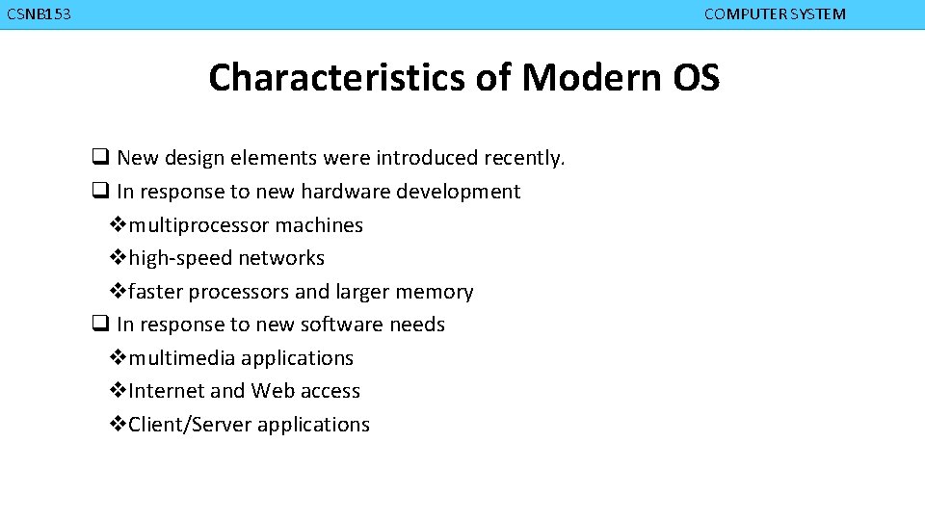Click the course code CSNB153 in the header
(39, 14)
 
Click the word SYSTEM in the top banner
(816, 14)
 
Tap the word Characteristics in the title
(337, 77)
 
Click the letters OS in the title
(696, 77)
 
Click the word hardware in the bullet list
(340, 192)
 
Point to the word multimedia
(182, 358)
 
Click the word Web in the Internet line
(273, 391)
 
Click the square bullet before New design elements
(99, 157)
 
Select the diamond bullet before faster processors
(118, 292)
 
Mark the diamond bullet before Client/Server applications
(118, 425)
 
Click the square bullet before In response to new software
(99, 325)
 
